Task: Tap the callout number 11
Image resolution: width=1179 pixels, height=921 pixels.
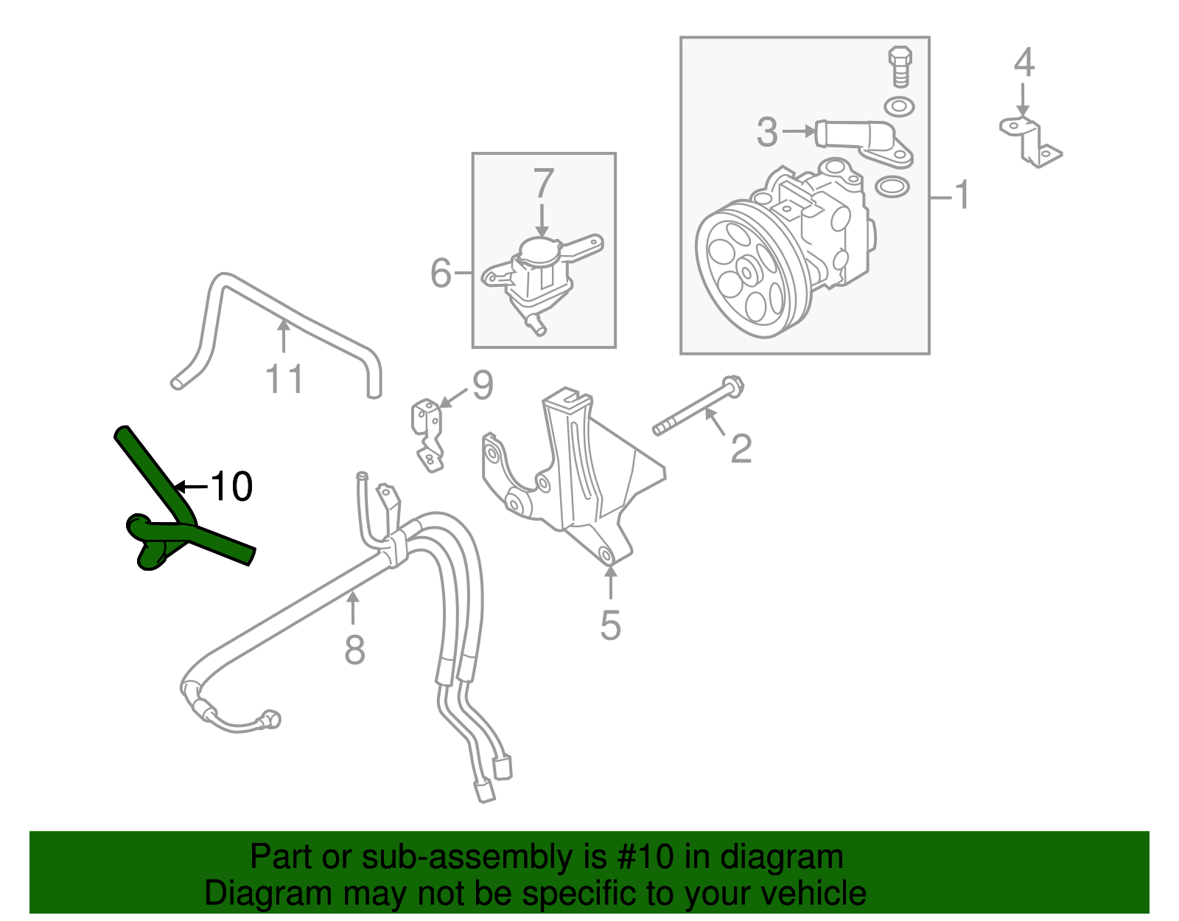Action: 284,380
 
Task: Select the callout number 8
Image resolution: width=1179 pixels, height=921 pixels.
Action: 354,650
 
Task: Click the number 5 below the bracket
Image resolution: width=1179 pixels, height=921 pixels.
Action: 610,625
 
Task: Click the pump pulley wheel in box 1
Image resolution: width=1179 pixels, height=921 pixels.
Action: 744,273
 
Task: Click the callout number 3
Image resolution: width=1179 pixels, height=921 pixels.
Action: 767,132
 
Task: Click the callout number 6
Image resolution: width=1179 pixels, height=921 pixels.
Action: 441,273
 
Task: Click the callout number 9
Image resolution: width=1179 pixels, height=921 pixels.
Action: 482,385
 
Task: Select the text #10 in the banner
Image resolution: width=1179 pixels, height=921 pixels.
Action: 640,858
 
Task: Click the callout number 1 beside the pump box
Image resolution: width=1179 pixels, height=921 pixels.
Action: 961,195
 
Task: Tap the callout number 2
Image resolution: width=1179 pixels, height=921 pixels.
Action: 741,448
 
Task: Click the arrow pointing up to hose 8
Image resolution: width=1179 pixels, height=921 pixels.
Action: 354,608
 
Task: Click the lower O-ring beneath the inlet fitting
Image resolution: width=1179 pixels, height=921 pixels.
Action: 892,187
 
